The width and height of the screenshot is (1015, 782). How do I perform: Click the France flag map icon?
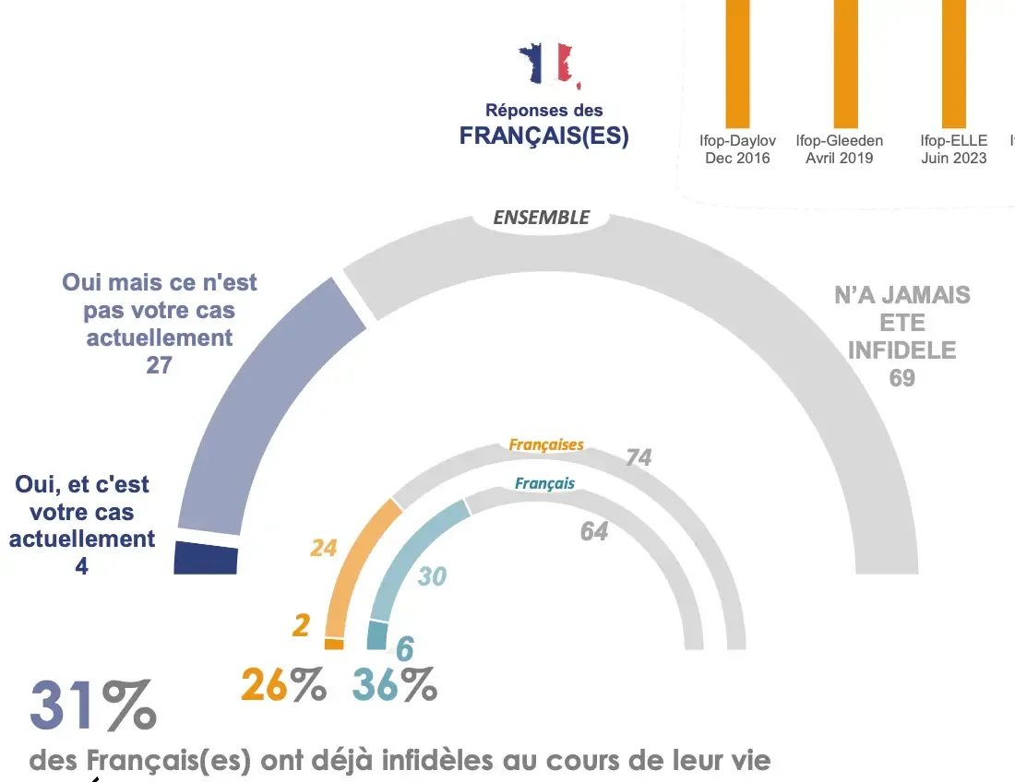[x=548, y=65]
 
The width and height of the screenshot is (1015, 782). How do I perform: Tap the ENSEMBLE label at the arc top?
[x=541, y=218]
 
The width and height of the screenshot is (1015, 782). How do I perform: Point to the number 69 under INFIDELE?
[x=902, y=377]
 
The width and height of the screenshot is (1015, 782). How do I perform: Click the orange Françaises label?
[x=546, y=444]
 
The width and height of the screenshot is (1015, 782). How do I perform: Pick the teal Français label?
[x=544, y=483]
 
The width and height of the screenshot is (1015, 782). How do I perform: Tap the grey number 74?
[x=639, y=457]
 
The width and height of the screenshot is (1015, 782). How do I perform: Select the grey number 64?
[x=593, y=531]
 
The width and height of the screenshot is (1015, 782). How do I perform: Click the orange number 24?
[x=323, y=548]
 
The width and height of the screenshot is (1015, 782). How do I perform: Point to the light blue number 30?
[x=432, y=576]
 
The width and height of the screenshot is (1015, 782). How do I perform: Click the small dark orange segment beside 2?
[x=334, y=644]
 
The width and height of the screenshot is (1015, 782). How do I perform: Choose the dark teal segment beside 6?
[x=377, y=636]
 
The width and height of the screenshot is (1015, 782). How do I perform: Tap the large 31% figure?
[x=92, y=706]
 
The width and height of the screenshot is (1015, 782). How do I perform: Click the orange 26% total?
[x=283, y=685]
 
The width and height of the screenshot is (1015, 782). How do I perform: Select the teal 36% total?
[x=395, y=685]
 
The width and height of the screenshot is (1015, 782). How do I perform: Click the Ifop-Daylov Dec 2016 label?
[x=737, y=149]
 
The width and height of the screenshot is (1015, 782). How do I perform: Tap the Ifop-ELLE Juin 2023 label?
[x=953, y=149]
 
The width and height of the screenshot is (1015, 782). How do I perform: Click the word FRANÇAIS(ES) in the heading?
[x=543, y=136]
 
